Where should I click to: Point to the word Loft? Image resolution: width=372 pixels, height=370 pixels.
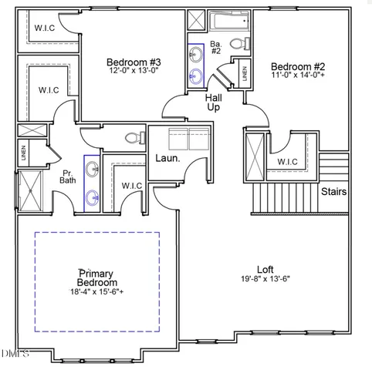pyautogui.click(x=265, y=269)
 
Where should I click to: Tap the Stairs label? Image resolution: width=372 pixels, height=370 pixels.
pyautogui.click(x=333, y=192)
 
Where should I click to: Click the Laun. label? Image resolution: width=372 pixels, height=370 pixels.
pyautogui.click(x=167, y=158)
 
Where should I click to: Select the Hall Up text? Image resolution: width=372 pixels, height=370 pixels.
pyautogui.click(x=214, y=103)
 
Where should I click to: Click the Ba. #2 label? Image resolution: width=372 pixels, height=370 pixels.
pyautogui.click(x=216, y=48)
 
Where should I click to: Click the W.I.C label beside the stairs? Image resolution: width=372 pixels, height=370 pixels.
pyautogui.click(x=287, y=162)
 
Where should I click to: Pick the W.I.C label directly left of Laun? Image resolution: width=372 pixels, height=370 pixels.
pyautogui.click(x=130, y=186)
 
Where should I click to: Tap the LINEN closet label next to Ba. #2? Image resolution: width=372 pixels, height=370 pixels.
pyautogui.click(x=245, y=74)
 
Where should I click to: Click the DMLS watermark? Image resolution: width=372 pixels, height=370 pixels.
pyautogui.click(x=15, y=354)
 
